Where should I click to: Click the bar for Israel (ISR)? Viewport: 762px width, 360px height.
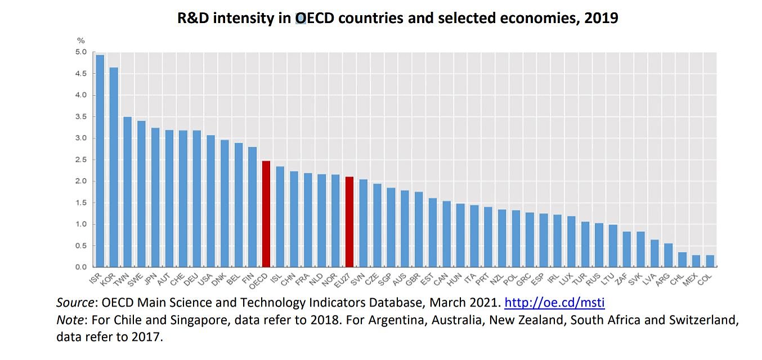(100, 160)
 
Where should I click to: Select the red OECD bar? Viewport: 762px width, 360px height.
(266, 214)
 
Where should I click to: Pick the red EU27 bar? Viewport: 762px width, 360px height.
(349, 222)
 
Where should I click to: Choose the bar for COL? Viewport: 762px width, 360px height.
(710, 261)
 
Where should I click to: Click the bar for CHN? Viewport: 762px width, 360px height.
(294, 219)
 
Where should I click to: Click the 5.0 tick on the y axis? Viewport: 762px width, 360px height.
(81, 52)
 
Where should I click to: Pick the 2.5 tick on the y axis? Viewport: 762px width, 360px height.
(81, 160)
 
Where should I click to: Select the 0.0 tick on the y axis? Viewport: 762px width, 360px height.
(81, 267)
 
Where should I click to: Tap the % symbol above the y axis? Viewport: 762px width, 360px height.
(80, 40)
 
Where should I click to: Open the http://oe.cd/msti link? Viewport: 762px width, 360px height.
(554, 303)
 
